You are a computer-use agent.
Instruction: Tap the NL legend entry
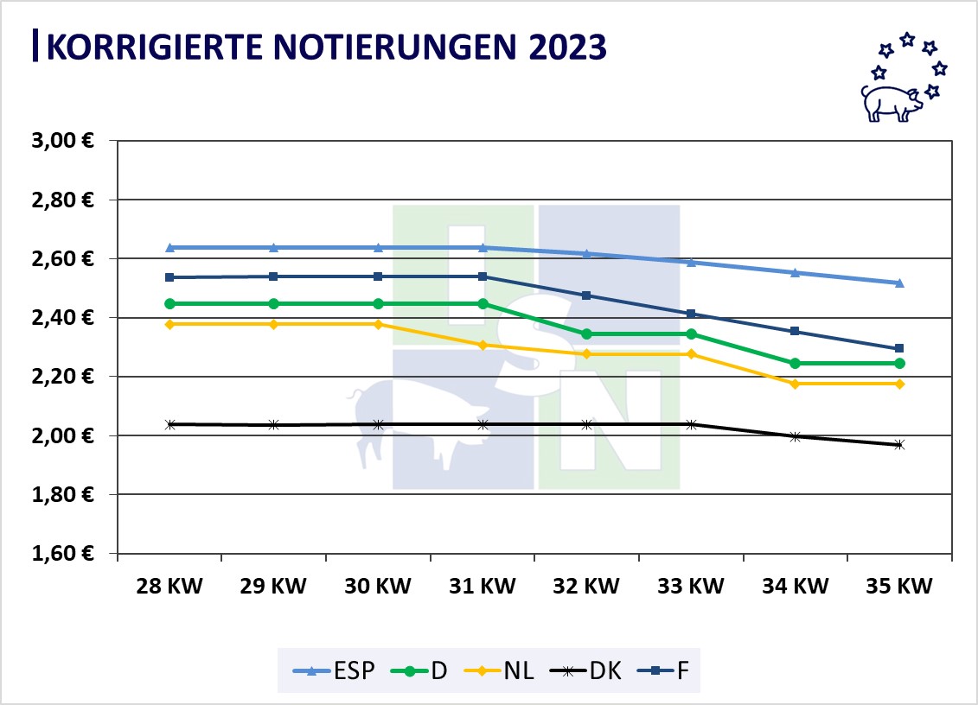(504, 670)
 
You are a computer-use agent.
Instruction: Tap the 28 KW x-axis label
(169, 587)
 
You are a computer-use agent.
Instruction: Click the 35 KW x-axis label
(899, 587)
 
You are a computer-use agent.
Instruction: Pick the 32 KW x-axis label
(586, 587)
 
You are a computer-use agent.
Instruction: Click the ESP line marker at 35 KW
(899, 283)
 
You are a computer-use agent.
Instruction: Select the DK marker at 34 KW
(795, 436)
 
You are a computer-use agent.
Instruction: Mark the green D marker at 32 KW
(586, 333)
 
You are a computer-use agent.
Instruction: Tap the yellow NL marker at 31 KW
(483, 345)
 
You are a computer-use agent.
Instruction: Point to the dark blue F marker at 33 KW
(691, 314)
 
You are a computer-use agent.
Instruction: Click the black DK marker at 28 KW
(169, 424)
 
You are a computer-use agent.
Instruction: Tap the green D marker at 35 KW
(899, 363)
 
